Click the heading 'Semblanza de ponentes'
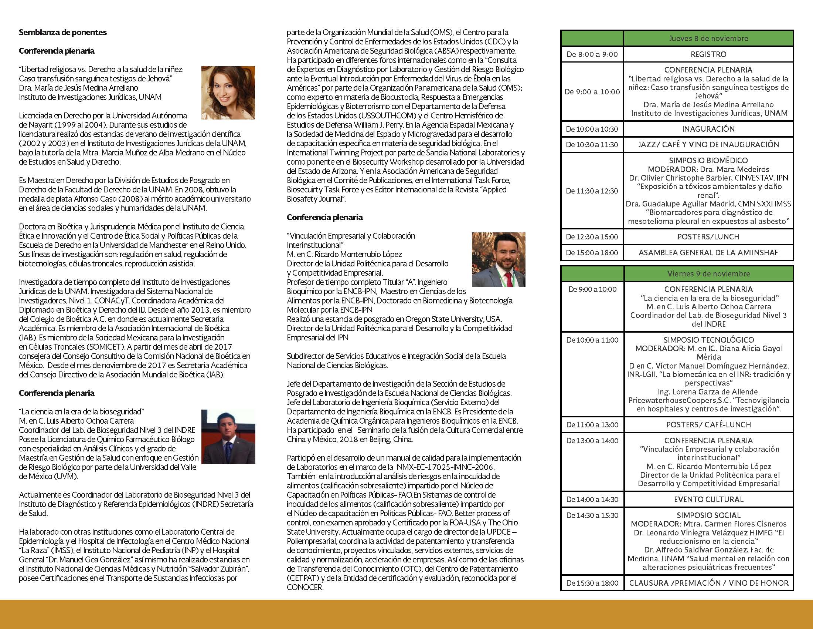click(x=62, y=33)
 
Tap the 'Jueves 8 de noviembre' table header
click(x=708, y=38)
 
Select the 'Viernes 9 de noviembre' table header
click(x=708, y=273)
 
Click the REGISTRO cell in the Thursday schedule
click(x=708, y=54)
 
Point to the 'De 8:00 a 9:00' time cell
click(x=592, y=54)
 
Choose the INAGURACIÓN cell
click(x=708, y=129)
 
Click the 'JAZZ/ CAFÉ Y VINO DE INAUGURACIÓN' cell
click(x=708, y=145)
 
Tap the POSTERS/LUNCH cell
click(x=708, y=237)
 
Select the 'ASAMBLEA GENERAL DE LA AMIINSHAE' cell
click(x=708, y=253)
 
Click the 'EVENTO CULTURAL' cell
click(x=708, y=499)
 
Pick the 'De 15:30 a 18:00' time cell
click(x=592, y=583)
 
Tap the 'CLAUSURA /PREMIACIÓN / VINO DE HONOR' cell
click(x=708, y=583)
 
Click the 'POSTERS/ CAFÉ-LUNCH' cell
click(x=708, y=424)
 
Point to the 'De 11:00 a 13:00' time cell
click(x=592, y=424)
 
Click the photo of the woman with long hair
click(x=228, y=93)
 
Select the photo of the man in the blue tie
click(x=228, y=437)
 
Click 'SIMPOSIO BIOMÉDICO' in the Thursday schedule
click(x=708, y=161)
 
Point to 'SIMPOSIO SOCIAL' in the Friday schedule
click(x=708, y=515)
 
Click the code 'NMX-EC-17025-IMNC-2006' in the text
click(x=445, y=467)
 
